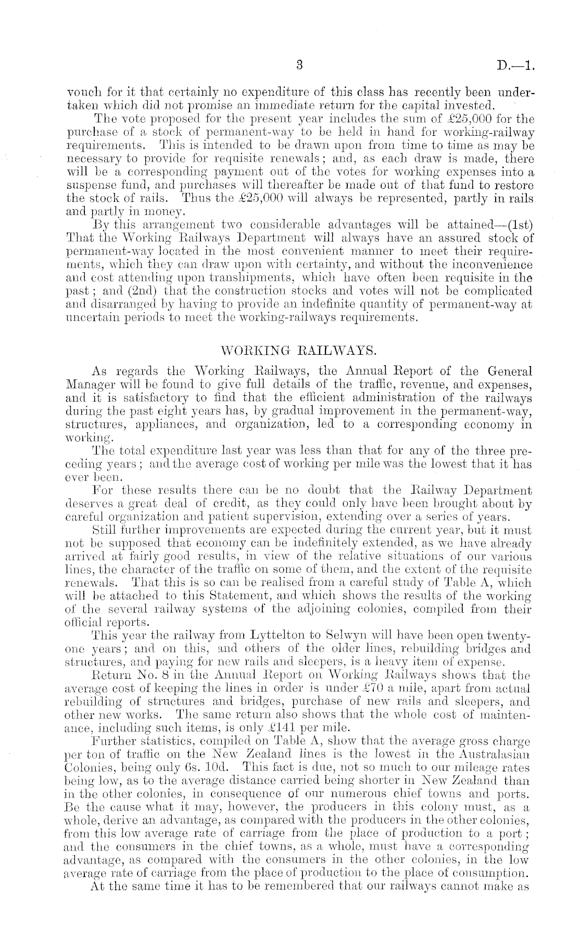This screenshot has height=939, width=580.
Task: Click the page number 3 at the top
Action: (x=298, y=66)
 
